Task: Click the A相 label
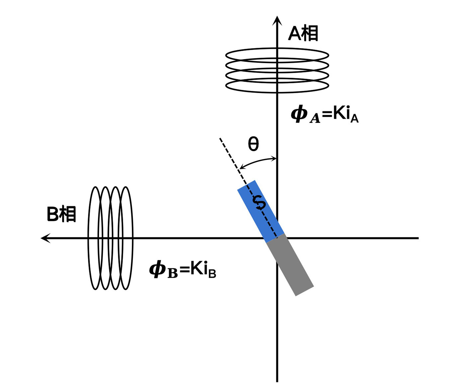pyautogui.click(x=303, y=34)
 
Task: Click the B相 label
pyautogui.click(x=61, y=214)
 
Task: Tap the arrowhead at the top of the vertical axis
pyautogui.click(x=277, y=20)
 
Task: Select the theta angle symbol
pyautogui.click(x=253, y=144)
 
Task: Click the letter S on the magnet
pyautogui.click(x=259, y=203)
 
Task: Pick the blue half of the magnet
pyautogui.click(x=261, y=211)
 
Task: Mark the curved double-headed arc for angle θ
pyautogui.click(x=257, y=161)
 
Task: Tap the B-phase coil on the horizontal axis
pyautogui.click(x=110, y=238)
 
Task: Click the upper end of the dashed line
pyautogui.click(x=220, y=139)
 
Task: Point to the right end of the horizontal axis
pyautogui.click(x=418, y=238)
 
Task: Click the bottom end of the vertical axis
pyautogui.click(x=277, y=380)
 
